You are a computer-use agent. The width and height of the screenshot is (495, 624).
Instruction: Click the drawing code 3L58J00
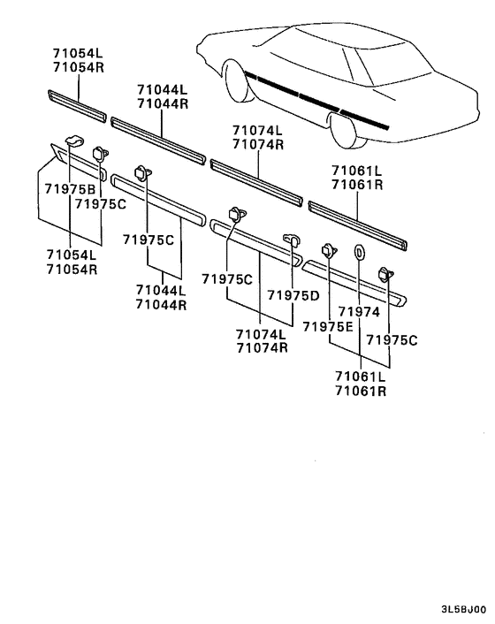(x=462, y=610)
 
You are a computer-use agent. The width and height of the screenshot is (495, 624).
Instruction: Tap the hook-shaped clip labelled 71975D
(x=289, y=239)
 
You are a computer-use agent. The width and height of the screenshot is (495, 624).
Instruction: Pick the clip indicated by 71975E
(x=328, y=250)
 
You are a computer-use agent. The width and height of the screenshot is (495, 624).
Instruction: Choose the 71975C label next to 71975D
(x=228, y=278)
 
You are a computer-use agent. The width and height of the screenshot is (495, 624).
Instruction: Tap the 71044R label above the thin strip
(x=162, y=103)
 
